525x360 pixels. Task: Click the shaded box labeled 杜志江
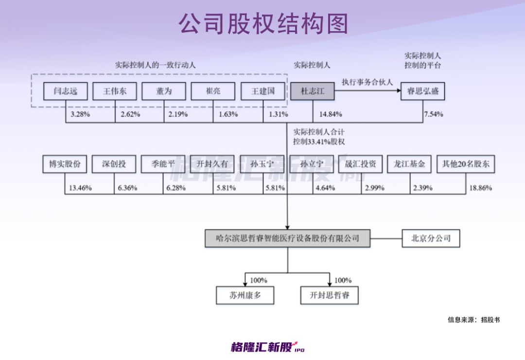pos(313,91)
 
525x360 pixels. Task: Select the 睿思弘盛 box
pos(423,91)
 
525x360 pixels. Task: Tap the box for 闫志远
pos(66,91)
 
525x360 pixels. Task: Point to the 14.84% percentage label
pos(331,114)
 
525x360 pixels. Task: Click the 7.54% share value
pos(434,114)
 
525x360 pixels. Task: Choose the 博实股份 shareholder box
pos(65,164)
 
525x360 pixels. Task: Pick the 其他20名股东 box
pos(466,164)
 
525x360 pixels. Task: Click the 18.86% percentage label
pos(480,188)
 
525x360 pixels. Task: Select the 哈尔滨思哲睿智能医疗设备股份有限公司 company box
pos(288,238)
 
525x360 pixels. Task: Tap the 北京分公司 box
pos(431,238)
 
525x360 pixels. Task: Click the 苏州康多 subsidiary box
pos(245,295)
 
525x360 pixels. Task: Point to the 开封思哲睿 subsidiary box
pos(330,295)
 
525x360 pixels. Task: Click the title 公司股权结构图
pos(263,24)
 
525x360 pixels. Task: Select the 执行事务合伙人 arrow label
pos(367,82)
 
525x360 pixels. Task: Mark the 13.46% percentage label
pos(80,188)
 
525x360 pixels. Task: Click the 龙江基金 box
pos(409,164)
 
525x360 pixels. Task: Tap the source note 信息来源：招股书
pos(474,320)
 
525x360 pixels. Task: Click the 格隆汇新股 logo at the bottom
pos(268,347)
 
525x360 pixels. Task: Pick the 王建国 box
pos(263,91)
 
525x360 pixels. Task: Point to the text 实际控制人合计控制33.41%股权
pos(319,137)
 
